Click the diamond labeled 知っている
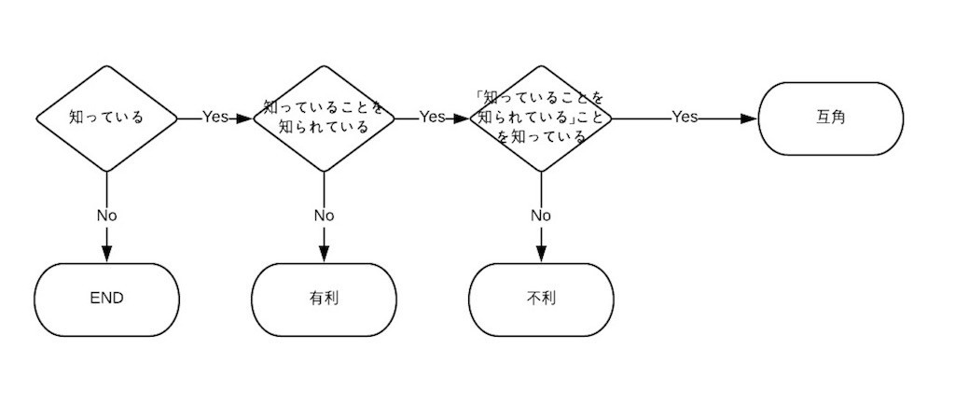click(106, 118)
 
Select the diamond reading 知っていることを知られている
click(324, 118)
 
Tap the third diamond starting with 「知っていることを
click(541, 118)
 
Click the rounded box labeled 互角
click(830, 118)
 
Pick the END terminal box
click(106, 299)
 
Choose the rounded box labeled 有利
click(324, 299)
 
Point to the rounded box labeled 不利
click(541, 299)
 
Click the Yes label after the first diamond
click(215, 118)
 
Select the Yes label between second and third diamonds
click(432, 118)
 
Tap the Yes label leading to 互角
click(685, 118)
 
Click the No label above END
click(106, 216)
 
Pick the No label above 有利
click(324, 216)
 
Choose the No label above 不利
click(541, 216)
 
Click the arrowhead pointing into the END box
click(106, 255)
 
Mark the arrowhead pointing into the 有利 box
click(324, 255)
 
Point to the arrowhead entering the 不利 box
click(541, 255)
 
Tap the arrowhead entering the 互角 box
click(749, 118)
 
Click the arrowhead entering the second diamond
click(245, 118)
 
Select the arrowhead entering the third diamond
click(462, 118)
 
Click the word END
click(106, 299)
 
